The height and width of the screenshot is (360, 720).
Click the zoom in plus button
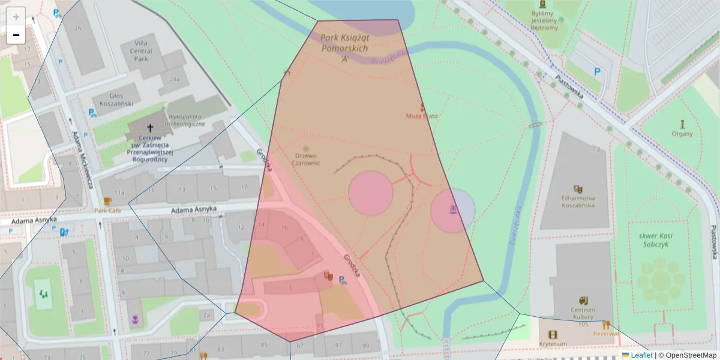[x=16, y=16]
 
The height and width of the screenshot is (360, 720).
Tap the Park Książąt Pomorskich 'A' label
[x=344, y=48]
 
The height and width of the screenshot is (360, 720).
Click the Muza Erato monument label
[x=422, y=115]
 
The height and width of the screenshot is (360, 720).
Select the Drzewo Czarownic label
[x=306, y=158]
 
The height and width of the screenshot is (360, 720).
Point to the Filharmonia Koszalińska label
[x=578, y=201]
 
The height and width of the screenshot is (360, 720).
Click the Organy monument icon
[x=682, y=124]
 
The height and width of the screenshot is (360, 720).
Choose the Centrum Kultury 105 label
[x=583, y=317]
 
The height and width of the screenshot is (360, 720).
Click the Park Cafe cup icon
[x=107, y=201]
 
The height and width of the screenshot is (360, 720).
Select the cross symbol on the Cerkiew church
[x=150, y=127]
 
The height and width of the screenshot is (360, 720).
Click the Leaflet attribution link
[x=641, y=355]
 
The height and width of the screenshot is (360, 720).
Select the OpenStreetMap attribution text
[x=691, y=355]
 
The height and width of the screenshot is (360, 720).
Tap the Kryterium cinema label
[x=553, y=344]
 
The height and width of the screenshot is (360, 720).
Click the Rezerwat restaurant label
[x=606, y=334]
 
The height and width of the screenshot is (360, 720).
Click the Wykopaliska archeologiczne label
[x=187, y=120]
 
